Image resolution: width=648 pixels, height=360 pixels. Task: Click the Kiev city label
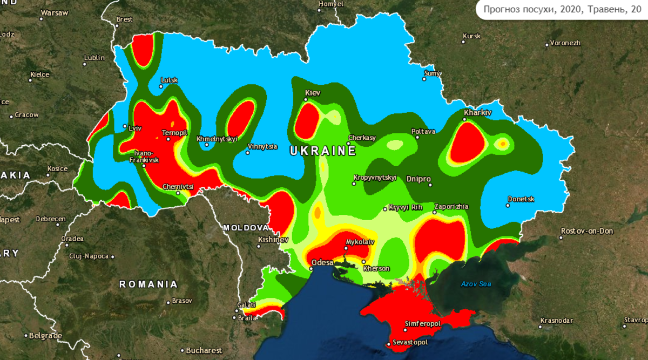coord(313,93)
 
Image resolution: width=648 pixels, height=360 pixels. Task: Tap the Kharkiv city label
coord(478,112)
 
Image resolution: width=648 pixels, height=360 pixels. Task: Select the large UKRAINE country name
coord(323,151)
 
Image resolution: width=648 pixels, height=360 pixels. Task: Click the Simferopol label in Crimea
coord(423,324)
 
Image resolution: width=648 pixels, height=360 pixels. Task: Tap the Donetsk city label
coord(521,199)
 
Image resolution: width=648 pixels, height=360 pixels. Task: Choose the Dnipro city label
coord(418,178)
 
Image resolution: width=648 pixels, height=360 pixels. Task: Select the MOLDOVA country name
coord(246,227)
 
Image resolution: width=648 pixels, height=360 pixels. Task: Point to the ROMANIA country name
coord(148,284)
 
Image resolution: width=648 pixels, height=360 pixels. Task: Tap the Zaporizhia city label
coord(451,206)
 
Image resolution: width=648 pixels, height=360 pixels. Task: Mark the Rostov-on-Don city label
coord(587,231)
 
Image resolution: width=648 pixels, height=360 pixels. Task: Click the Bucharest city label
coord(204,350)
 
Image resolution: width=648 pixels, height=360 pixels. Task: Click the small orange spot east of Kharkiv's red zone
coord(503,144)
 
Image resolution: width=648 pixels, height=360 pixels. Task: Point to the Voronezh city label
coord(565,43)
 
